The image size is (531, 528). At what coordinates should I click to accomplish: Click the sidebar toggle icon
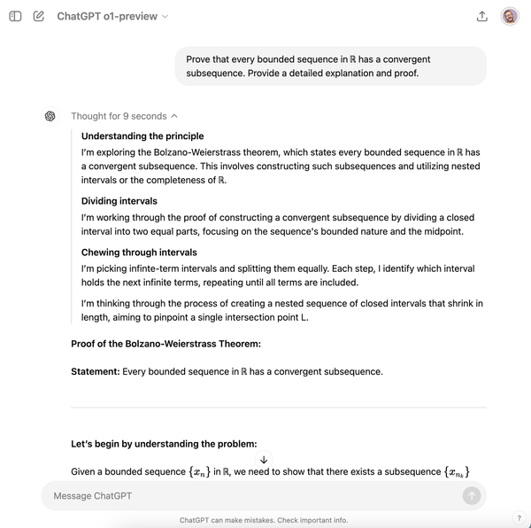coord(15,16)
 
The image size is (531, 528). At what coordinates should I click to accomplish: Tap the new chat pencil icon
coord(38,16)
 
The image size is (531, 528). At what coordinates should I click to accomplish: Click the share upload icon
coord(482,16)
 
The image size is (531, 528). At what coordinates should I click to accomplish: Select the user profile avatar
coord(510,16)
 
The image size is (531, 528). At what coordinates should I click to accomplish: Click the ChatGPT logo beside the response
coord(50,116)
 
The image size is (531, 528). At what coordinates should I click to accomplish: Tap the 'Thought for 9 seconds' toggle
coord(124,116)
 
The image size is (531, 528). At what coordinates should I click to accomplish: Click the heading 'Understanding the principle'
coord(142,136)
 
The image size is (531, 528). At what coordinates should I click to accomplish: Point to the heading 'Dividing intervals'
coord(119,201)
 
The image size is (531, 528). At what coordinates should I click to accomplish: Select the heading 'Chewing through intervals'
coord(140,252)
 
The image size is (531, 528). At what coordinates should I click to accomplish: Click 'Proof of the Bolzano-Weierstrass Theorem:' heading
coord(165,344)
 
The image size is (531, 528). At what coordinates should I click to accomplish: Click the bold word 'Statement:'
coord(95,371)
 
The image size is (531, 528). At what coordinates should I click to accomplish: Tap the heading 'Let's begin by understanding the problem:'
coord(164,444)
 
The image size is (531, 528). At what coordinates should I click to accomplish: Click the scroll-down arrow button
coord(264,460)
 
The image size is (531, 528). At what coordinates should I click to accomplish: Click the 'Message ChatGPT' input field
coord(248,496)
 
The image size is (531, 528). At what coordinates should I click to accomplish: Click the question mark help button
coord(519,518)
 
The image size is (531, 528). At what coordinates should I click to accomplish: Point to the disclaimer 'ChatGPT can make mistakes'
coord(263,520)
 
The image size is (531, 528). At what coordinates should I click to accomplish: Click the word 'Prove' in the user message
coord(199,59)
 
